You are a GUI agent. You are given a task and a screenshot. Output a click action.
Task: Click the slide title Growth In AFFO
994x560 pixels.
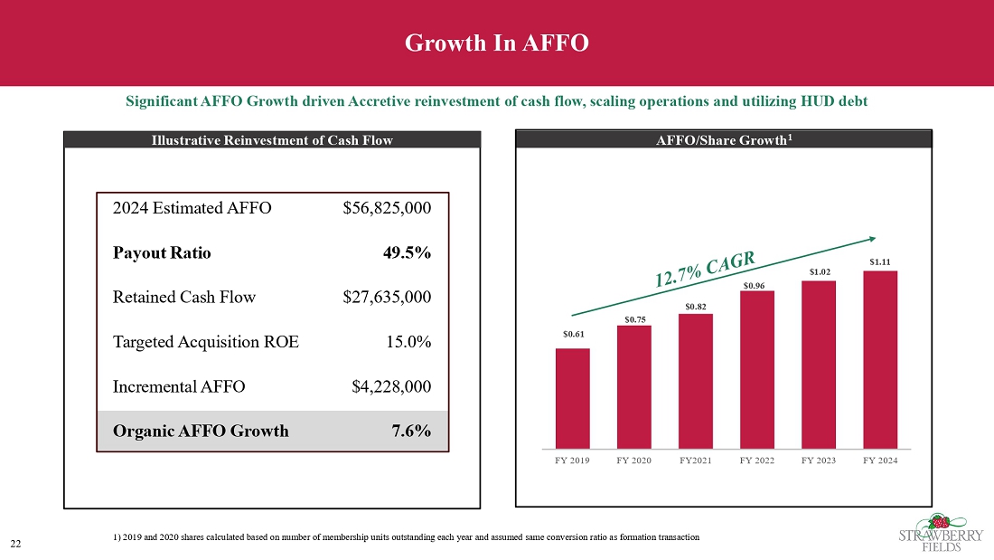tap(496, 43)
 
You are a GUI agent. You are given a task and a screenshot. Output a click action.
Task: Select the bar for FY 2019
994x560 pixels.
tap(573, 398)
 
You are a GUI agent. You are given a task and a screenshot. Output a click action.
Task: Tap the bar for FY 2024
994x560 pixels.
tap(880, 359)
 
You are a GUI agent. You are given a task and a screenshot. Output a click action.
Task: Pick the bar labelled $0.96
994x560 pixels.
tap(757, 369)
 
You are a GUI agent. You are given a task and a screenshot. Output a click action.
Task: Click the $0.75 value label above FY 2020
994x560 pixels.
tap(634, 318)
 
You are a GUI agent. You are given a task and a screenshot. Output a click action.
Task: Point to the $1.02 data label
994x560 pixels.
tap(819, 271)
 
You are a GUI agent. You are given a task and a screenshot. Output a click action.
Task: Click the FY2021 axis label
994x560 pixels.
tap(696, 460)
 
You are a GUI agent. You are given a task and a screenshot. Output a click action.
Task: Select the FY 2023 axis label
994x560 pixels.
tap(819, 460)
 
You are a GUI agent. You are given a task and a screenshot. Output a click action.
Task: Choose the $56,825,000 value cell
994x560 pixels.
tap(387, 208)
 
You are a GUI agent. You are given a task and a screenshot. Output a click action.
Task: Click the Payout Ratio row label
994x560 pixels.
tap(162, 252)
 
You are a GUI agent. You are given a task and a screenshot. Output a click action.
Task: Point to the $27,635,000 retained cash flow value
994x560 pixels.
tap(387, 297)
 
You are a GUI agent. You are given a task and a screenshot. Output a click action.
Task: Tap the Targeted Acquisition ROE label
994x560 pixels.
tap(205, 342)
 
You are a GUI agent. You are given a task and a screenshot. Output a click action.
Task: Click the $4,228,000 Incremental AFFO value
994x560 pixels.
tap(390, 386)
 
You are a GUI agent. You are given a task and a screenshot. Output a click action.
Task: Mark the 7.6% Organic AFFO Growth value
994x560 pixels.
tap(411, 431)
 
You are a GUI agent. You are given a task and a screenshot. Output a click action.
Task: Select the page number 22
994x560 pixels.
tap(15, 543)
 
